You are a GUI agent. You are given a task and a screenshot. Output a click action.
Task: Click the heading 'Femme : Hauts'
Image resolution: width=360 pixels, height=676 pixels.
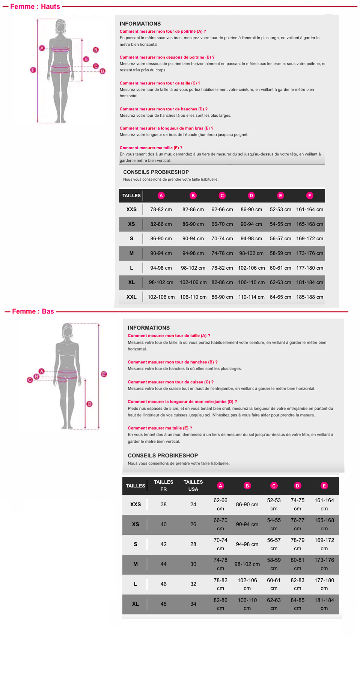point(35,6)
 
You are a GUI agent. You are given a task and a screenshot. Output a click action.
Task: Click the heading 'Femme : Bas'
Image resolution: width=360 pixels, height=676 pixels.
point(33,311)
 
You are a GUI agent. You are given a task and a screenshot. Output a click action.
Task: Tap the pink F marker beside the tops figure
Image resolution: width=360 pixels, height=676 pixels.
point(33,70)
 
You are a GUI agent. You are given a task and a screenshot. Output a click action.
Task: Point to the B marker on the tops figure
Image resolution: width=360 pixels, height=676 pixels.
point(96,50)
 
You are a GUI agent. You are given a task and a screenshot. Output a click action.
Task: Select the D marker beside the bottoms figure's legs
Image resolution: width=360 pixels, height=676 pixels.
point(89,404)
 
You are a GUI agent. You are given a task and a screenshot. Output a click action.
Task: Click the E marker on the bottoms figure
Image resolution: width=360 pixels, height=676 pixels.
point(104,374)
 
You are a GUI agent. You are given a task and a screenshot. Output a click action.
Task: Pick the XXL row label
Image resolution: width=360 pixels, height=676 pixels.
point(131,297)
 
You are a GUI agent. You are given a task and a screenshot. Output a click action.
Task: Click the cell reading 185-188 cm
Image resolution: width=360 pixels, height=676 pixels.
point(309,297)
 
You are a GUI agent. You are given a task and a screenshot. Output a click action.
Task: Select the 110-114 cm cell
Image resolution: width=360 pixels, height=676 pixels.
point(251,297)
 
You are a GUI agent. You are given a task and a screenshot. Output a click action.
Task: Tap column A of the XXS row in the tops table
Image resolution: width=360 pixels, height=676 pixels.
point(161,210)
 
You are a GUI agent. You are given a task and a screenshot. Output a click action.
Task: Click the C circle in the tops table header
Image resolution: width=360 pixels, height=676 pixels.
point(222,196)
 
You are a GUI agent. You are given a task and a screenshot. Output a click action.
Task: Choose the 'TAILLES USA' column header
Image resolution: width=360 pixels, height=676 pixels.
point(193,486)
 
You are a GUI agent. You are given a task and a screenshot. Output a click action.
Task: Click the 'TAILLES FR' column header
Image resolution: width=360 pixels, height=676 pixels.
point(164,486)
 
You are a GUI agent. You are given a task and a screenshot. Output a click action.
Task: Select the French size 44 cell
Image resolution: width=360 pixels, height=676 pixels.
point(164,564)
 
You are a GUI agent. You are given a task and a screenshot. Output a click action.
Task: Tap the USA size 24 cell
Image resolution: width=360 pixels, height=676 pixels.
point(193,504)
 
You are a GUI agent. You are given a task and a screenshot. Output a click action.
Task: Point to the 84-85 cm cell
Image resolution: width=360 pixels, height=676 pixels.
point(297,604)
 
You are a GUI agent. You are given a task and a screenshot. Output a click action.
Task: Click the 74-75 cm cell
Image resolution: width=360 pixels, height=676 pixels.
point(297,504)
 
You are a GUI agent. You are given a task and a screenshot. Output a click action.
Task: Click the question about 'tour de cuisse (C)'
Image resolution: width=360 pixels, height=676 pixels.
point(170,382)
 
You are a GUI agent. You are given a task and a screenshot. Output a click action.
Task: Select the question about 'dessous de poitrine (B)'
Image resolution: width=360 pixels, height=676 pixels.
point(167,57)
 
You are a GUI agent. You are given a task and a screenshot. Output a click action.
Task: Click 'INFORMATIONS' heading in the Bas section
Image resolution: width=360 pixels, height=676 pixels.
point(149,328)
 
